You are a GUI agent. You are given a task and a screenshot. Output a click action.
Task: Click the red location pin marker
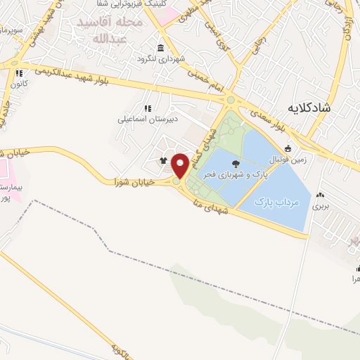tap(180, 165)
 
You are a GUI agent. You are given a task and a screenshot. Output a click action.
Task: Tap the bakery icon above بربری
tap(321, 195)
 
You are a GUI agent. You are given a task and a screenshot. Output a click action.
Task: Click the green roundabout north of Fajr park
tap(230, 101)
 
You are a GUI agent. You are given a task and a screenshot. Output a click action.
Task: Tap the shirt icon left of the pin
tap(164, 160)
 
